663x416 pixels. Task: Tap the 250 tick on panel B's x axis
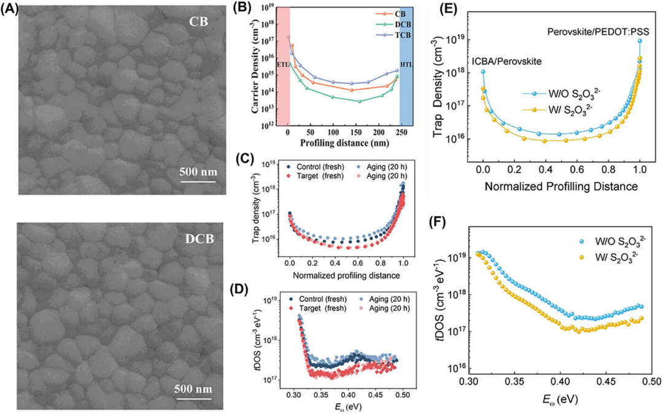click(x=401, y=135)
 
